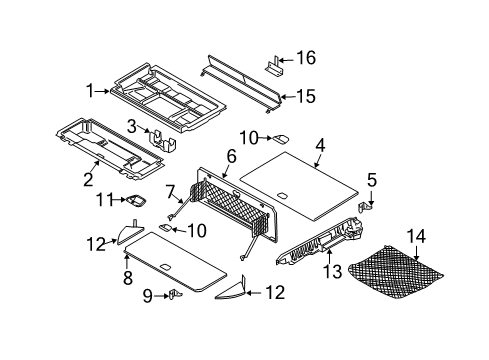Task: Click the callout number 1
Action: (x=89, y=90)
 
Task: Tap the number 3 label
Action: (x=130, y=125)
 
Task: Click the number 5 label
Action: (x=371, y=180)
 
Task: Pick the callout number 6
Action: (x=230, y=156)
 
